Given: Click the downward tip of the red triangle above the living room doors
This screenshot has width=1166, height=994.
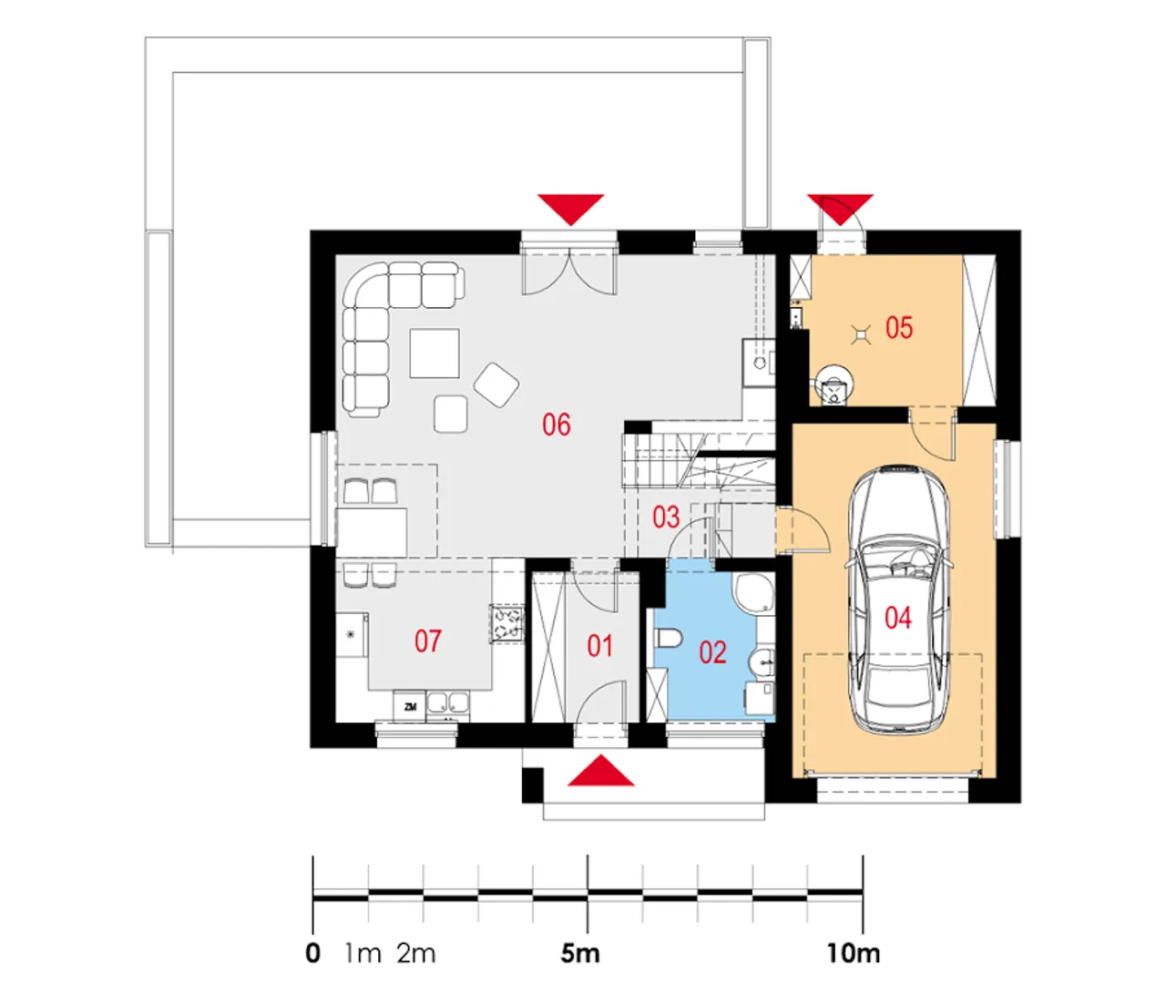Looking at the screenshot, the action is tap(571, 225).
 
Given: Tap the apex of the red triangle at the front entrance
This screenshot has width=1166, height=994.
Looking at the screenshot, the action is tap(602, 754).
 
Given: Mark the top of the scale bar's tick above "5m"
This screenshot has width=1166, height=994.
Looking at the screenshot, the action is tap(588, 855).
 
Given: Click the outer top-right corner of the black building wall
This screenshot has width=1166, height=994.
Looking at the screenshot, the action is tap(1021, 231).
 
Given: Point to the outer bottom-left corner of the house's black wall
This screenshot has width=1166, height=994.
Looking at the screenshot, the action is tap(311, 748).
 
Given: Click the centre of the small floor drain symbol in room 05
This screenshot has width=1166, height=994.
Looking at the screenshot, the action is tap(860, 335).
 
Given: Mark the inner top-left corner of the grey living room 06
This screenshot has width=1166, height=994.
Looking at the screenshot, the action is tap(336, 255).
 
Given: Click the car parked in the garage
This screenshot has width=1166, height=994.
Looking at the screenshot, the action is tap(897, 599).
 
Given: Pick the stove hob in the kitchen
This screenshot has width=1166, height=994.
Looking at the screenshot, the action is tap(506, 623).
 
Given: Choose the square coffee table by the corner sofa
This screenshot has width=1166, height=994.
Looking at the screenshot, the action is tap(435, 354).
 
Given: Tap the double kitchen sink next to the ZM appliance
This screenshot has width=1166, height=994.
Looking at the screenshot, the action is tap(448, 703).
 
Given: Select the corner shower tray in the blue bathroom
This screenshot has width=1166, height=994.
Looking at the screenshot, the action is tap(753, 593).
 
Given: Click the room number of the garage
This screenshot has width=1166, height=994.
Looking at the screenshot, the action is tap(898, 618).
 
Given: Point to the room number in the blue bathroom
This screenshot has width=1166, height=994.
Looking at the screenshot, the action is tap(713, 652).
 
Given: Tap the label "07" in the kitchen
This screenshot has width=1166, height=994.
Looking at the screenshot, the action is tap(428, 641).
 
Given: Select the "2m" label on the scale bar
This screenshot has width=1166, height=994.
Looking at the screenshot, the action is tap(416, 954).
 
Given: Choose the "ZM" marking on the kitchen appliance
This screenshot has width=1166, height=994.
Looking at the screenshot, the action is tap(410, 706).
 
